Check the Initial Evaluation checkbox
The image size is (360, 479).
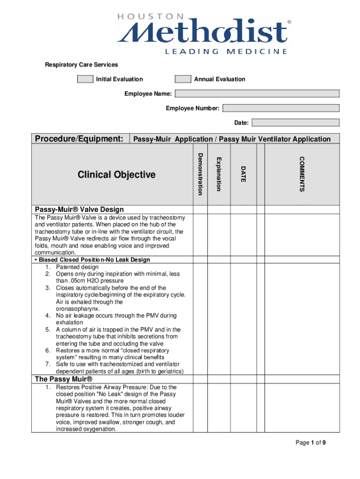pos(85,79)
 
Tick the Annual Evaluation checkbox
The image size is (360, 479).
pos(183,79)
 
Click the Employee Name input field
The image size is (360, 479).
pos(257,94)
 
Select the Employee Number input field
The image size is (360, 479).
pos(281,109)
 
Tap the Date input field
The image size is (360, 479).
pos(295,123)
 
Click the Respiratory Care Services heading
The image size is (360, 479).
pos(81,65)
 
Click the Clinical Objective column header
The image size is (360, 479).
pos(116,175)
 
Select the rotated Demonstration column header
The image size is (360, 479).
pos(200,174)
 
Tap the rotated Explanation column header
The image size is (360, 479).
pos(218,174)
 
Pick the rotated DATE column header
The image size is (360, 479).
pos(243,174)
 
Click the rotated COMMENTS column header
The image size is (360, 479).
pos(302,174)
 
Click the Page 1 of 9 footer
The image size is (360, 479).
pos(310,443)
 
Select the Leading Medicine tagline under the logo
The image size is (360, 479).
pos(226,51)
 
